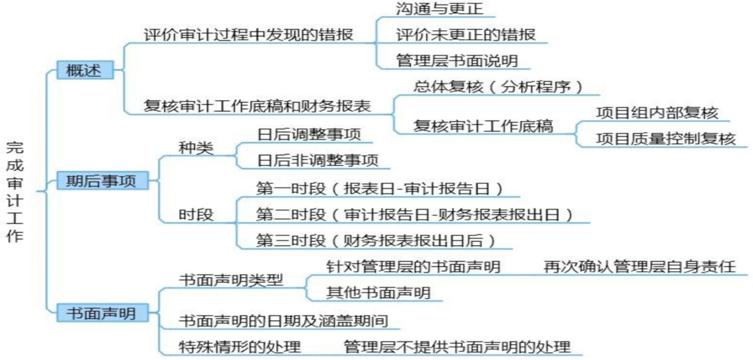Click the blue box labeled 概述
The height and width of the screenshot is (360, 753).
tap(84, 70)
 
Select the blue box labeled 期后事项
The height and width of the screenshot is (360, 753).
tap(102, 181)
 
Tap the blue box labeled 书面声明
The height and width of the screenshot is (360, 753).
tap(102, 313)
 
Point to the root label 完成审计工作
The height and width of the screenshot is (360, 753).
tap(15, 191)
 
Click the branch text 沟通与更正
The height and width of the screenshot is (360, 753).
tap(439, 9)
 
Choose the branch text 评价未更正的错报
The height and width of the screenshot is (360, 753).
tap(465, 35)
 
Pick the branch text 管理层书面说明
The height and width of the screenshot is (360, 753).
tap(457, 61)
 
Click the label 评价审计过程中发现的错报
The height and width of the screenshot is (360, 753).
tap(248, 35)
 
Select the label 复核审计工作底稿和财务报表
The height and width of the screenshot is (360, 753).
tap(257, 106)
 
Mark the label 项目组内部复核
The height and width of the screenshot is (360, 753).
tap(657, 113)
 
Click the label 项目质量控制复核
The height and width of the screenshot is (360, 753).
tap(666, 139)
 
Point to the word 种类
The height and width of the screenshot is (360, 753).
tap(196, 148)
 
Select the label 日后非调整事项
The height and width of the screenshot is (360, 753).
tap(318, 160)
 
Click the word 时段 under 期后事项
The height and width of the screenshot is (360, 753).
tap(196, 215)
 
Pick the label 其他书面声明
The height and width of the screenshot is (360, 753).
tap(378, 293)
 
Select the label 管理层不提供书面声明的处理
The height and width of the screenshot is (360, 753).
tap(457, 347)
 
